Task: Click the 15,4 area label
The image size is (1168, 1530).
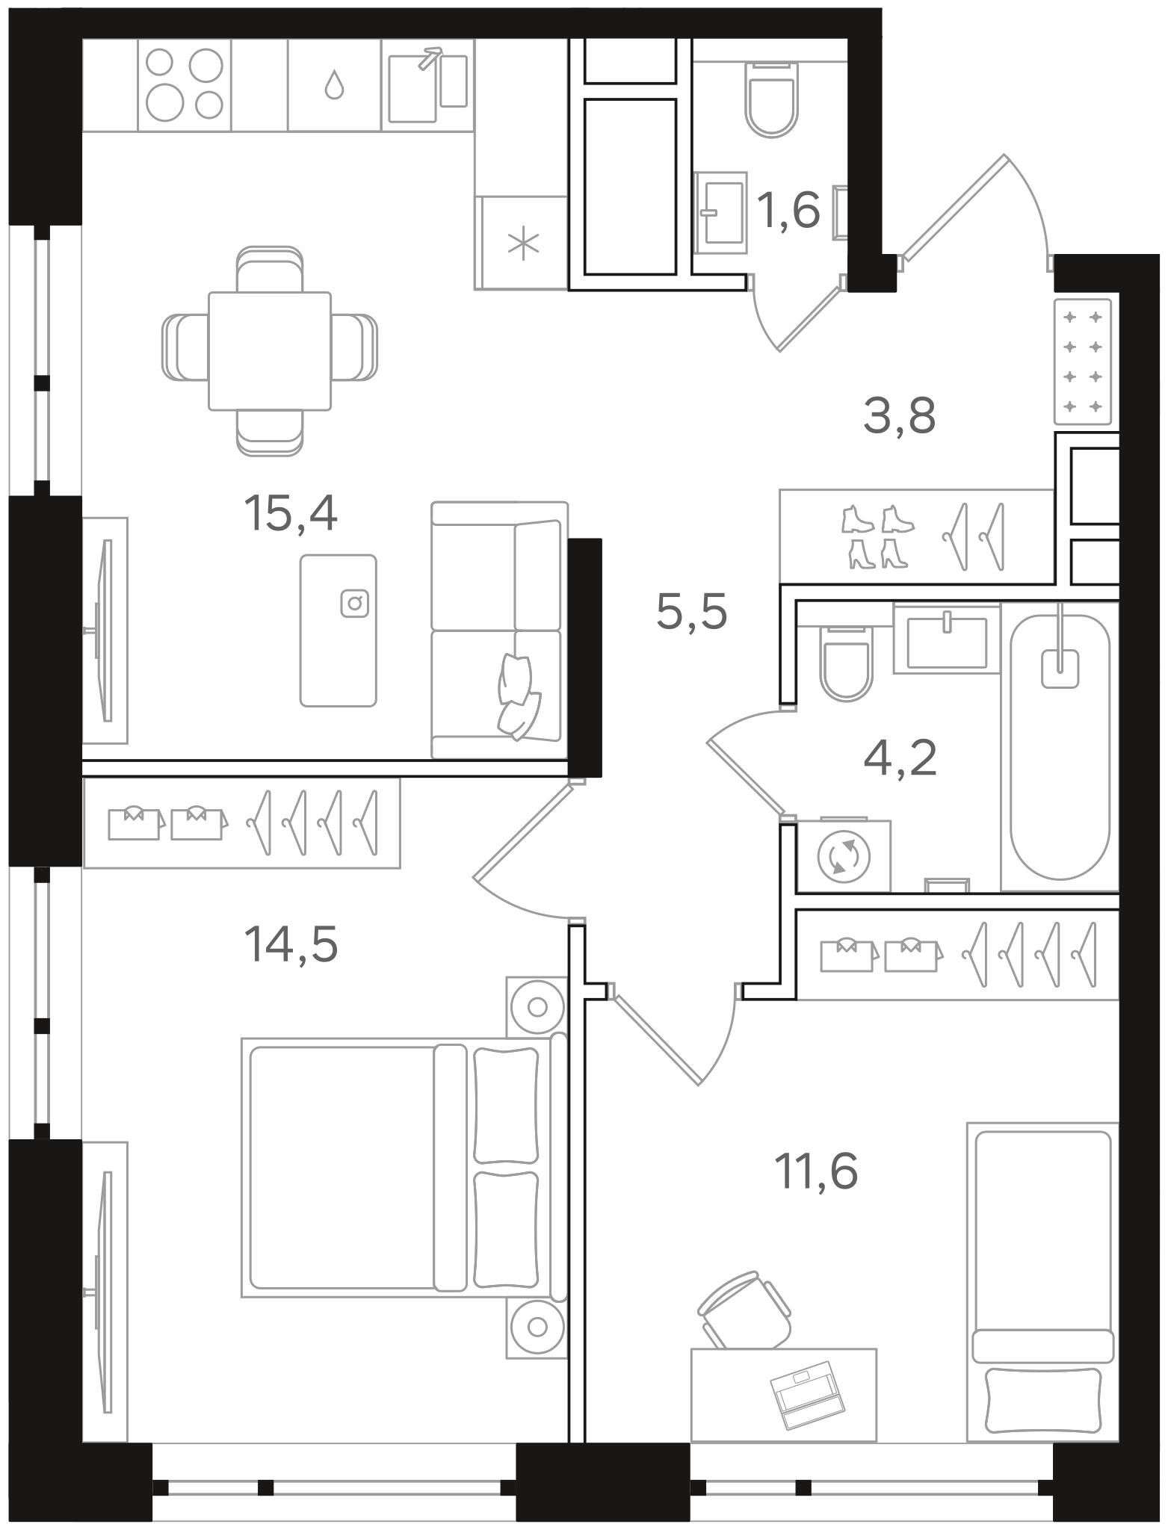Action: pyautogui.click(x=291, y=514)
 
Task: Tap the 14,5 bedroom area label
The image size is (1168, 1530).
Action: pyautogui.click(x=291, y=944)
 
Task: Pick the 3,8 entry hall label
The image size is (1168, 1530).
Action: pyautogui.click(x=899, y=416)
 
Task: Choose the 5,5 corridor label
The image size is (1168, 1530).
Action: pyautogui.click(x=691, y=613)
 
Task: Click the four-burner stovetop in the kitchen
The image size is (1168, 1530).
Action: pyautogui.click(x=185, y=84)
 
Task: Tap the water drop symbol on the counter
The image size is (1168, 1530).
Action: pyautogui.click(x=334, y=84)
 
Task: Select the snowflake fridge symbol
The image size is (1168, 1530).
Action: pyautogui.click(x=523, y=244)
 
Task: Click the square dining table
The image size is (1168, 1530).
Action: pyautogui.click(x=270, y=351)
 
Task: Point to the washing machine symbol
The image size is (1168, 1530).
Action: pyautogui.click(x=844, y=857)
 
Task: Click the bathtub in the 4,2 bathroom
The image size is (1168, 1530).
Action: pyautogui.click(x=1060, y=746)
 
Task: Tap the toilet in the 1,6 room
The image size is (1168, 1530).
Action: pyautogui.click(x=772, y=98)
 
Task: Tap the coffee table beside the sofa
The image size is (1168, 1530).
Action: pyautogui.click(x=339, y=631)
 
